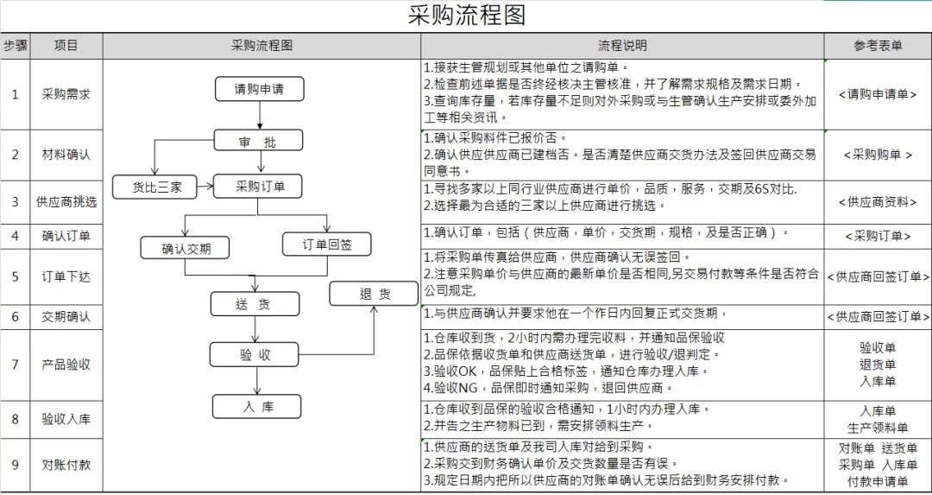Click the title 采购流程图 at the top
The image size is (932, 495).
(466, 16)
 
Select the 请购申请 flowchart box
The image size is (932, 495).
(259, 88)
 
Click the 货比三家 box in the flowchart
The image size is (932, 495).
(156, 187)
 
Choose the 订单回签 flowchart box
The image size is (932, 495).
(327, 244)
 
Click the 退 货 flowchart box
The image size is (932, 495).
(375, 294)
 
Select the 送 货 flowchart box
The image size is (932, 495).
(255, 304)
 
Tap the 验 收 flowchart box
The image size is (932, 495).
(255, 354)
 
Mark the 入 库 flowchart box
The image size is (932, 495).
(256, 407)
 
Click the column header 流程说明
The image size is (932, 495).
(622, 46)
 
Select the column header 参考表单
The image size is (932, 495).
(878, 46)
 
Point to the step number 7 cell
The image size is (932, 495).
(15, 365)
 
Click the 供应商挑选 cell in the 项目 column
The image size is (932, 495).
(66, 202)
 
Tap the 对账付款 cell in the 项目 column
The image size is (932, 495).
(66, 465)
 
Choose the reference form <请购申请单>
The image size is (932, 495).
(878, 95)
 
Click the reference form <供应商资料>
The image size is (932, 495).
(878, 202)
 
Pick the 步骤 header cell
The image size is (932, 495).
(15, 46)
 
